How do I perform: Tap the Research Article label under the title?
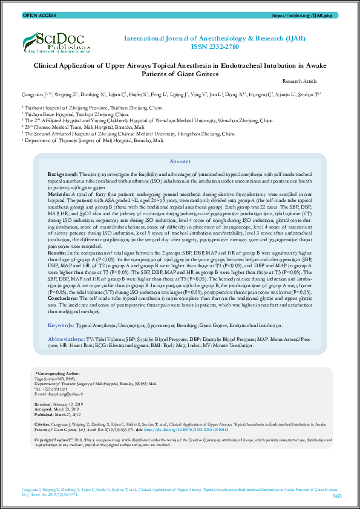pyautogui.click(x=299, y=81)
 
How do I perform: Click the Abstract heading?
pyautogui.click(x=180, y=161)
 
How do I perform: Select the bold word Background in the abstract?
pyautogui.click(x=61, y=174)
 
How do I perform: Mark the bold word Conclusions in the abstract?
pyautogui.click(x=64, y=299)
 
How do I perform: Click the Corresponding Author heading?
pyautogui.click(x=57, y=374)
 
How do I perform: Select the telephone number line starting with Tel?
pyautogui.click(x=50, y=389)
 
